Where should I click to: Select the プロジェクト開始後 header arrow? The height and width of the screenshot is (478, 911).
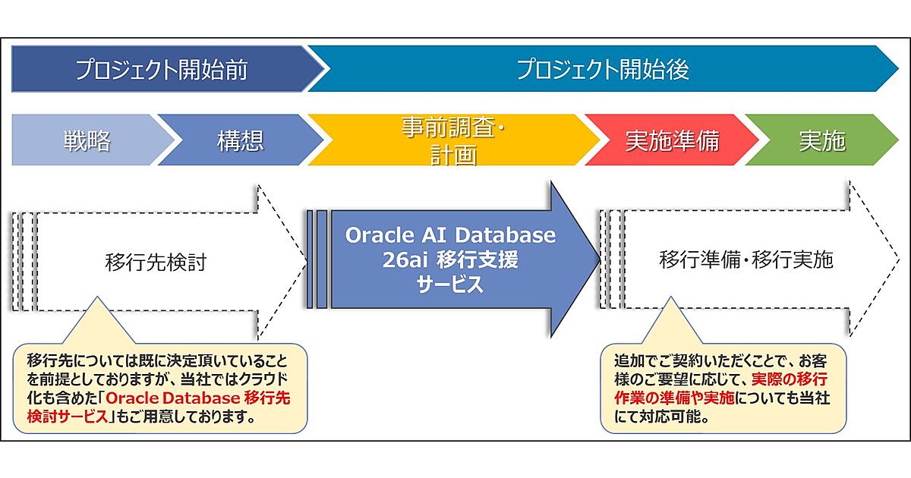[x=604, y=71]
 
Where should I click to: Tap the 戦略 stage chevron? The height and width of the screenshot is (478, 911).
[x=87, y=141]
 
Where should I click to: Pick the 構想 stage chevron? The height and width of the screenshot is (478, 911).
[x=240, y=141]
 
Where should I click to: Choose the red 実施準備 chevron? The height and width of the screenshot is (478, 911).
[x=672, y=141]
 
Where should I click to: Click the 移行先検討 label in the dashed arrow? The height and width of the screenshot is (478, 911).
[x=156, y=262]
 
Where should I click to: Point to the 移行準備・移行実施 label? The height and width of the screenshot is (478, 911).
[x=746, y=261]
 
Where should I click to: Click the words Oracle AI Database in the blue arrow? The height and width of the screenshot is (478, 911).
[x=450, y=235]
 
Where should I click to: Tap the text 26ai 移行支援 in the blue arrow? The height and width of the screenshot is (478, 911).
[x=450, y=260]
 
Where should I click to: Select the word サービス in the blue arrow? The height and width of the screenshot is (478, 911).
[x=450, y=285]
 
